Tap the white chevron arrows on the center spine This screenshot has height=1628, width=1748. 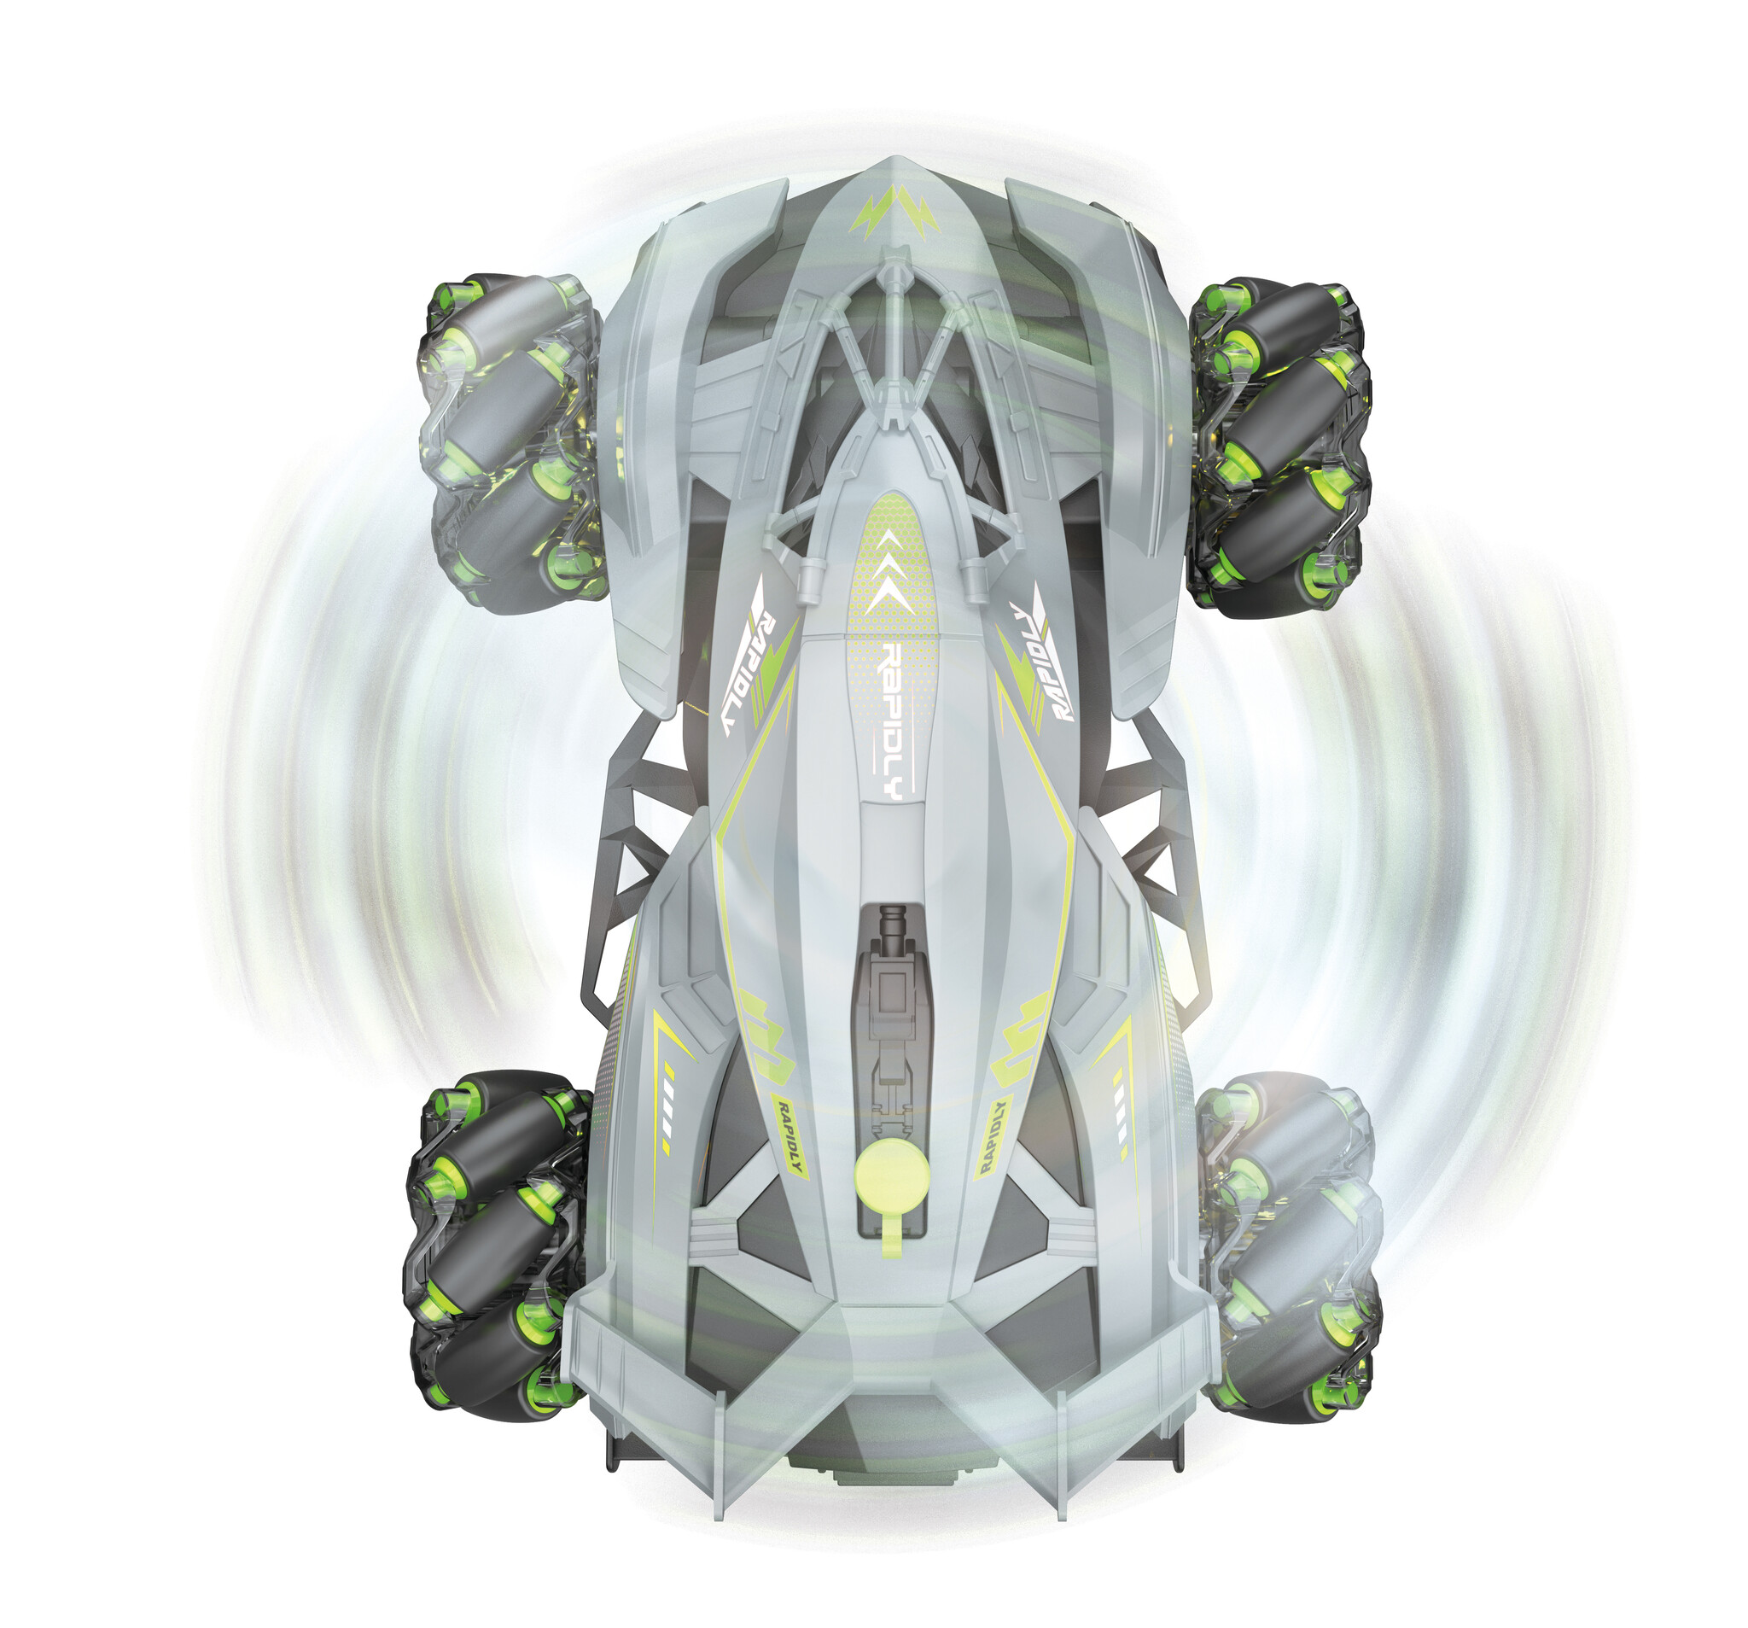(x=892, y=571)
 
